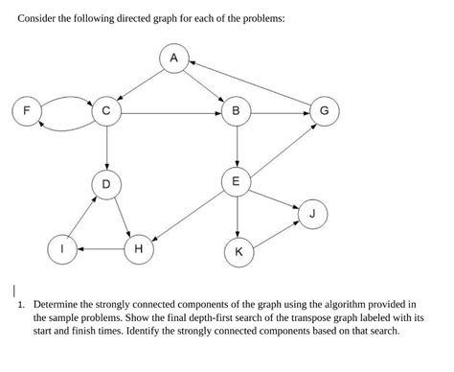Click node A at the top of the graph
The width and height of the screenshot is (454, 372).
[x=173, y=59]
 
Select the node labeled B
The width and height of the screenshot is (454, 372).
[x=237, y=111]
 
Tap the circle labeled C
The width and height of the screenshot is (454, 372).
[x=106, y=111]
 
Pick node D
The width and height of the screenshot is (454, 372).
[x=106, y=182]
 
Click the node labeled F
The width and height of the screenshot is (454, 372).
[x=27, y=111]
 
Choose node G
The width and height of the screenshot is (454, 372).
[x=324, y=111]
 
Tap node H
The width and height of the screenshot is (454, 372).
[x=139, y=248]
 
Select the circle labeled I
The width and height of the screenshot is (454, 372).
[x=64, y=248]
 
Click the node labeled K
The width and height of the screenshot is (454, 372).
[x=238, y=252]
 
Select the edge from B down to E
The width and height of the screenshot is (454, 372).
[x=237, y=146]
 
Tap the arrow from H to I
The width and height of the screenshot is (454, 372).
[x=102, y=248]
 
